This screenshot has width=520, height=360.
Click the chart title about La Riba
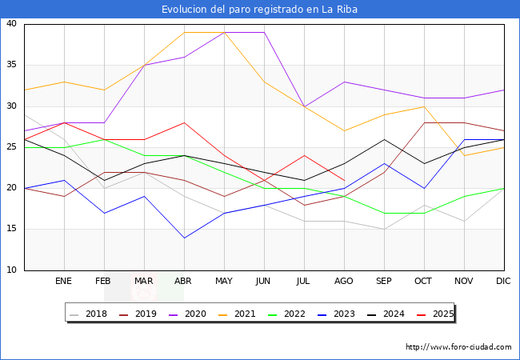[259, 10]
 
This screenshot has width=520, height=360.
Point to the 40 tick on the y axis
[12, 24]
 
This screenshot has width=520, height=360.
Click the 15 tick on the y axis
[12, 230]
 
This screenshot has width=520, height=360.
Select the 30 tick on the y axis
[12, 106]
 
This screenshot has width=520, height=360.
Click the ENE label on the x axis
[64, 282]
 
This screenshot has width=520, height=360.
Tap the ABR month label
[184, 282]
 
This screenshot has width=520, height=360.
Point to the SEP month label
[384, 282]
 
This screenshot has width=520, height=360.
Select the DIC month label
[504, 282]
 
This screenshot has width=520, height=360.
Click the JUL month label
[304, 282]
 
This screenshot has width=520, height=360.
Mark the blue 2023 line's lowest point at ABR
[184, 238]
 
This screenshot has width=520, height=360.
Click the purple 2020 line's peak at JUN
[264, 32]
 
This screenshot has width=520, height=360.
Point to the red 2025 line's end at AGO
[344, 180]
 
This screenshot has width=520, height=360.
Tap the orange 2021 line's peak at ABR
[184, 32]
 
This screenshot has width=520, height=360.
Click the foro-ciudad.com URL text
[458, 347]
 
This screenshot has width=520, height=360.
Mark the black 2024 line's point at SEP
[384, 139]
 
